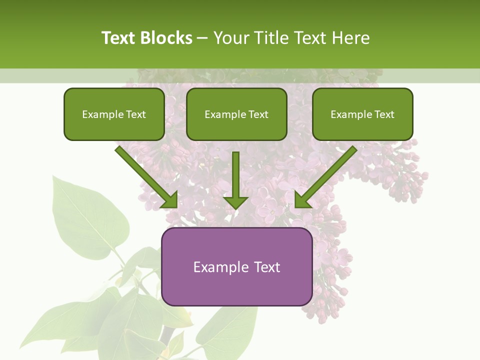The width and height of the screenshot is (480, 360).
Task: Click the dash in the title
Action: coord(202,38)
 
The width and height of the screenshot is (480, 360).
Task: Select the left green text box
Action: coord(114,114)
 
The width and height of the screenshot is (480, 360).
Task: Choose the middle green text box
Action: coord(236,114)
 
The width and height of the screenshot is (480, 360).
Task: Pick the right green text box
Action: coord(362,114)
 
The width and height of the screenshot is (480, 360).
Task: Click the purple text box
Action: coord(236,266)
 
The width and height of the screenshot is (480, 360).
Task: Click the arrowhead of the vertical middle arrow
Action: coord(235,202)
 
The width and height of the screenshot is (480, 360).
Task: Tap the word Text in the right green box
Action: coord(384,114)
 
